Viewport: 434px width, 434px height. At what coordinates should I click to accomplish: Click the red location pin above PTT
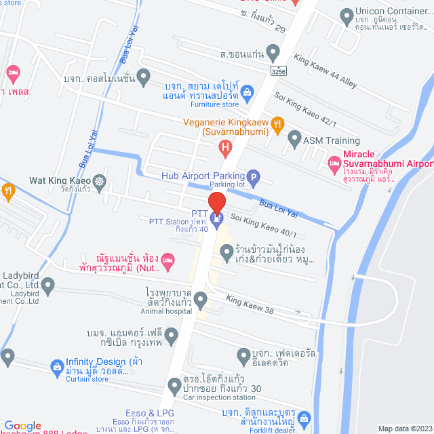216,202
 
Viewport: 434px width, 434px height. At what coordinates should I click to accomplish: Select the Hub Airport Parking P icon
252,179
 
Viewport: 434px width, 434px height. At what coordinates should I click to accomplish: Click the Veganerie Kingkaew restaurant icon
277,124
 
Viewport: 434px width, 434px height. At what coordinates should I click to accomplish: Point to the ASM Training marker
294,140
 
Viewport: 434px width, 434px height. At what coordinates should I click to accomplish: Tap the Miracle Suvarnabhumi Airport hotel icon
334,163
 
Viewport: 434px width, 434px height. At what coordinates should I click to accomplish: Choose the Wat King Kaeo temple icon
100,181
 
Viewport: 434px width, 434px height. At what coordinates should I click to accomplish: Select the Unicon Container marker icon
347,14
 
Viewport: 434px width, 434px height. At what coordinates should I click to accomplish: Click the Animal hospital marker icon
200,299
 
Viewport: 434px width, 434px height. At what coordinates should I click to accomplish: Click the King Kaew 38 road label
250,301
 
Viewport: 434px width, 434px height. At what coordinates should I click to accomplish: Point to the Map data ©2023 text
404,429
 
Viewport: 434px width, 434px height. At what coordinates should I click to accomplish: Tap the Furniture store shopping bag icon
247,92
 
